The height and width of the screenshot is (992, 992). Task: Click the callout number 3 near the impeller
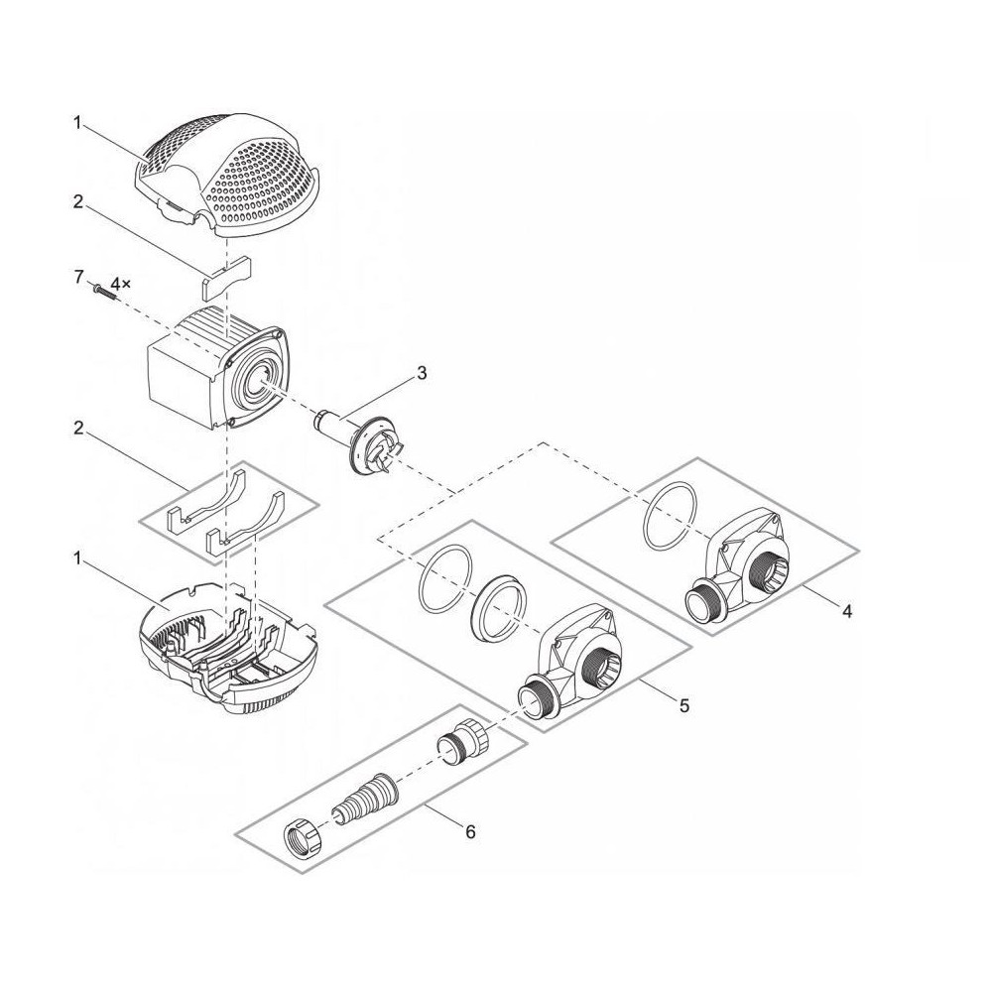[421, 373]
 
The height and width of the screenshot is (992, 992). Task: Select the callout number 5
[683, 704]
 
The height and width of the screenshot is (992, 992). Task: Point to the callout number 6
[470, 831]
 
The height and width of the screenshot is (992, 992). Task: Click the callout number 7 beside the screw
[78, 277]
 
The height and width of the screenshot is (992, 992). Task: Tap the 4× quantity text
[121, 284]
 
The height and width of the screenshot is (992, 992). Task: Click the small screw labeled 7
[105, 292]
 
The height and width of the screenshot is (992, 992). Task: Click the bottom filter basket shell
[228, 647]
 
